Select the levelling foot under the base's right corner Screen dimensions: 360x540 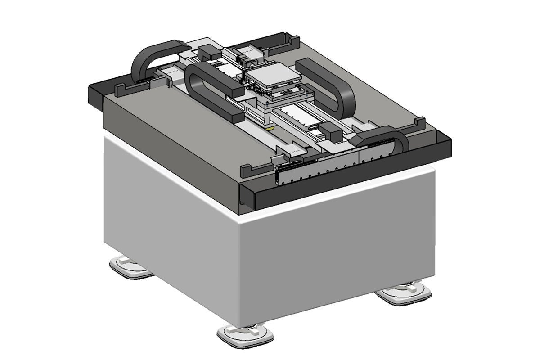(x=404, y=293)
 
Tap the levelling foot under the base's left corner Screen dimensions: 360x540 (x=130, y=267)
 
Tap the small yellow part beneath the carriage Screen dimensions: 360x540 (x=270, y=129)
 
